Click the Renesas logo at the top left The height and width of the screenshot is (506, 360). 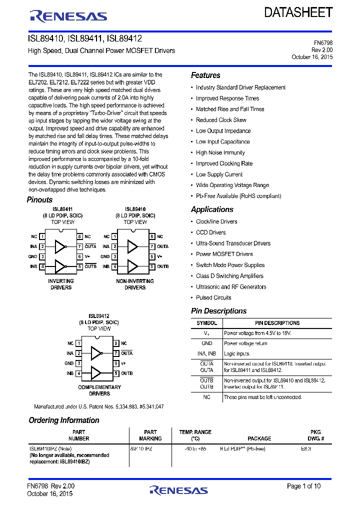pyautogui.click(x=68, y=16)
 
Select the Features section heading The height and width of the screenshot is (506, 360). pyautogui.click(x=205, y=75)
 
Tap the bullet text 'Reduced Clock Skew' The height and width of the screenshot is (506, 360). pyautogui.click(x=221, y=120)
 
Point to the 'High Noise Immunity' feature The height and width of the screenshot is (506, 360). pyautogui.click(x=220, y=153)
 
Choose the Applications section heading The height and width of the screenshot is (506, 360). pyautogui.click(x=212, y=209)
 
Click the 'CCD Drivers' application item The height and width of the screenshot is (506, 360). pyautogui.click(x=210, y=232)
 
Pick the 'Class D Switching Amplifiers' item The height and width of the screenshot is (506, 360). pyautogui.click(x=229, y=276)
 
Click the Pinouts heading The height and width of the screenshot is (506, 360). pyautogui.click(x=39, y=200)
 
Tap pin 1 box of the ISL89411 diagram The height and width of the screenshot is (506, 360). pyautogui.click(x=43, y=236)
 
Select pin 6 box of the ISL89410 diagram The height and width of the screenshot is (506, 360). pyautogui.click(x=152, y=256)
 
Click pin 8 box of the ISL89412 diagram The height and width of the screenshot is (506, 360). pyautogui.click(x=116, y=343)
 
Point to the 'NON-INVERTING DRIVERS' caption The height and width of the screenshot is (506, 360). pyautogui.click(x=135, y=284)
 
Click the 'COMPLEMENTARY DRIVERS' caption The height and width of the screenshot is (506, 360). pyautogui.click(x=99, y=390)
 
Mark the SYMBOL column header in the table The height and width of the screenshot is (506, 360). pyautogui.click(x=206, y=323)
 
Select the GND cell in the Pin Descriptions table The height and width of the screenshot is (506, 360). pyautogui.click(x=206, y=343)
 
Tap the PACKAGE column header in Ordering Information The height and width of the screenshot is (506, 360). pyautogui.click(x=259, y=438)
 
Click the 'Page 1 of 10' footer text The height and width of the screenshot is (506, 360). pyautogui.click(x=304, y=486)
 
